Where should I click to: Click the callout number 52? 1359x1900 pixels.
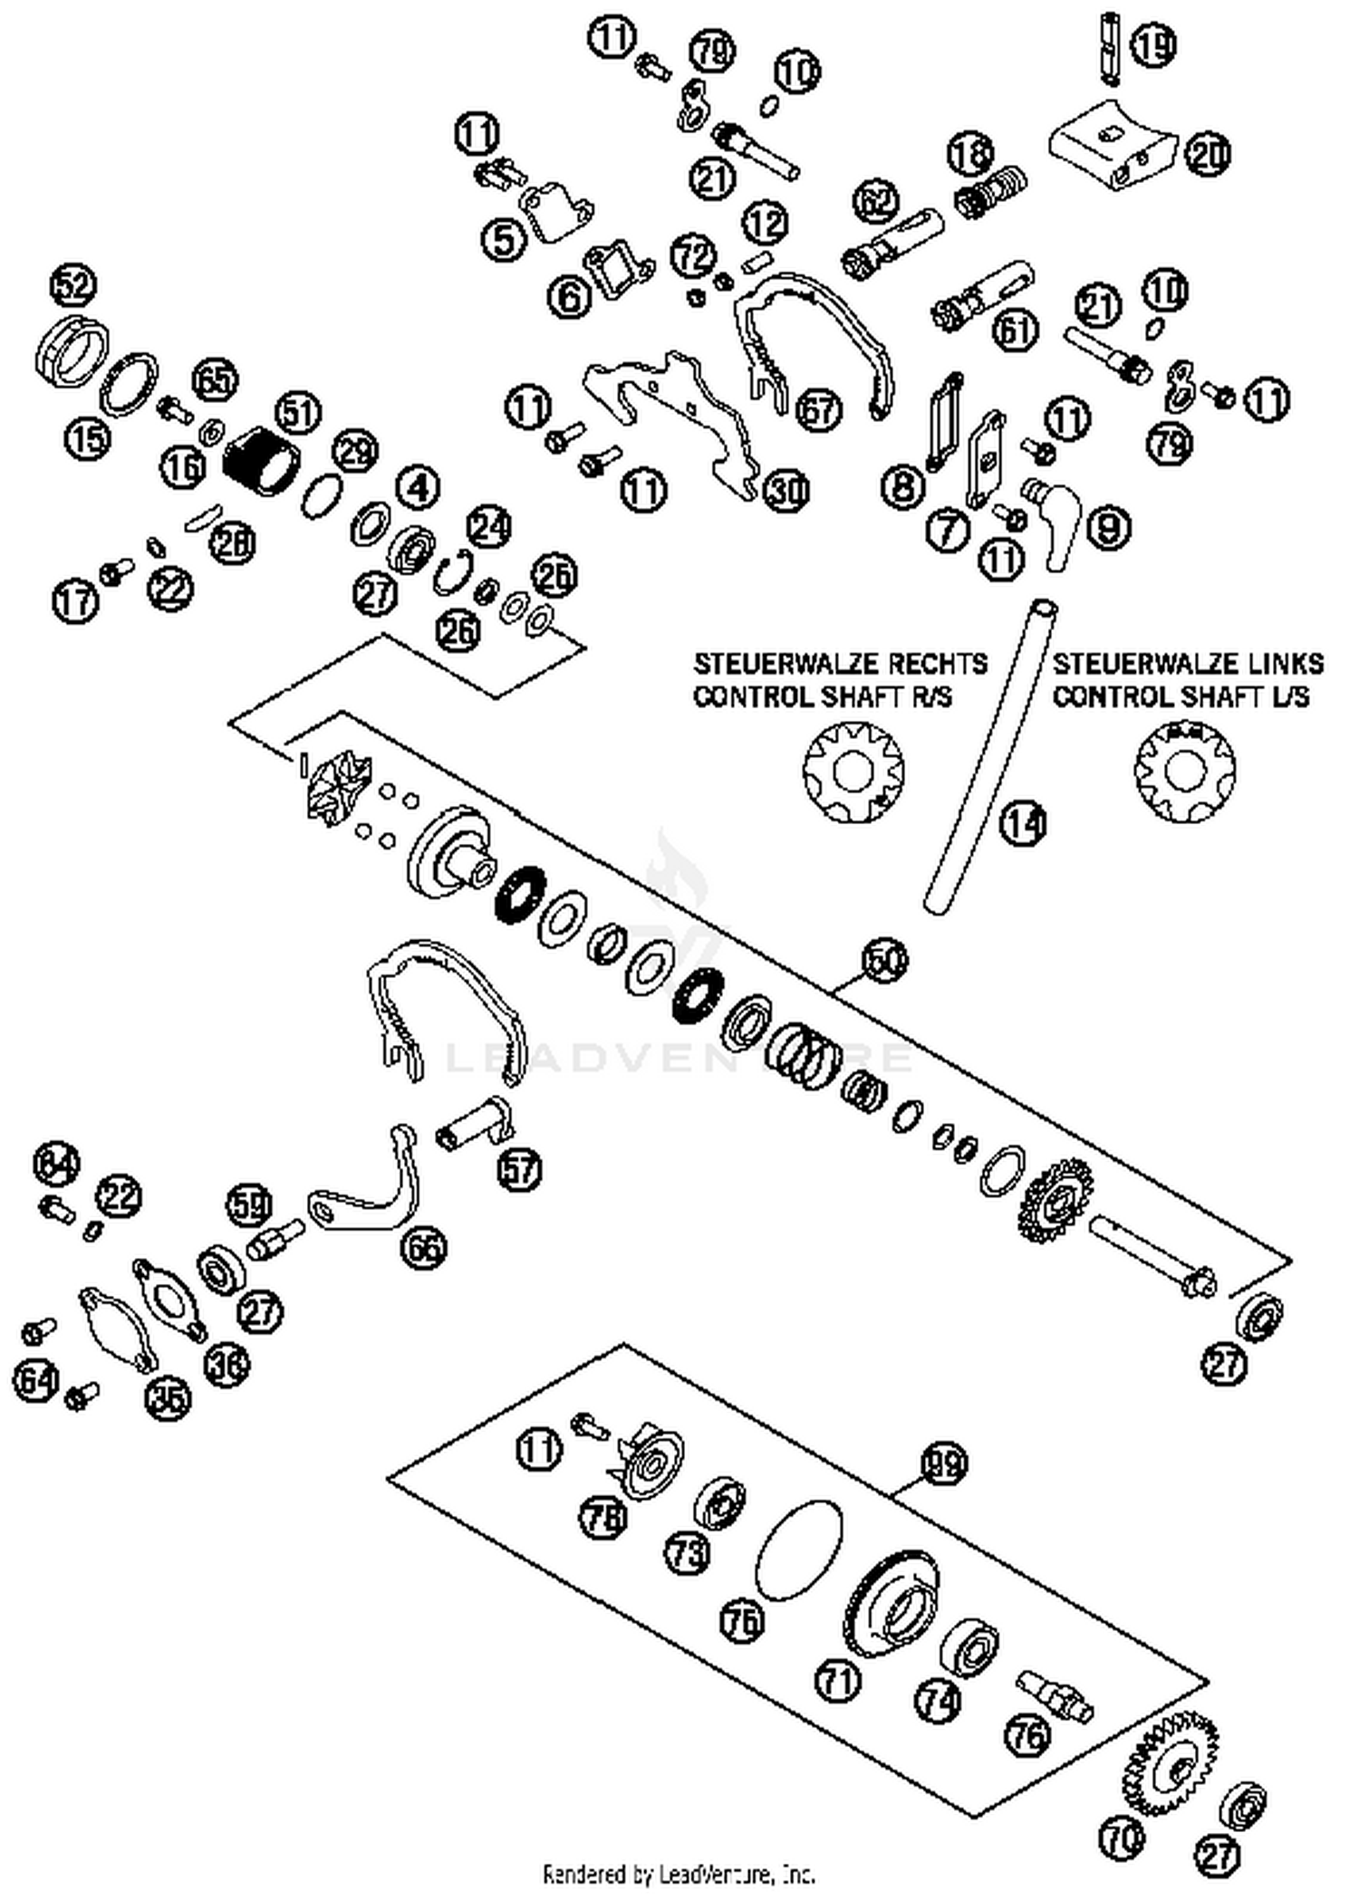pyautogui.click(x=73, y=286)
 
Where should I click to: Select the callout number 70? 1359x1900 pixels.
pyautogui.click(x=1122, y=1838)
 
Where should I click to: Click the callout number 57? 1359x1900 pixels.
pyautogui.click(x=519, y=1170)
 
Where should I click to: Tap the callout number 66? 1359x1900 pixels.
pyautogui.click(x=424, y=1248)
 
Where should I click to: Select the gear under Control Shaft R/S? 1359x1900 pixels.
pyautogui.click(x=853, y=772)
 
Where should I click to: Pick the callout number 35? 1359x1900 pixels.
pyautogui.click(x=169, y=1397)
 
